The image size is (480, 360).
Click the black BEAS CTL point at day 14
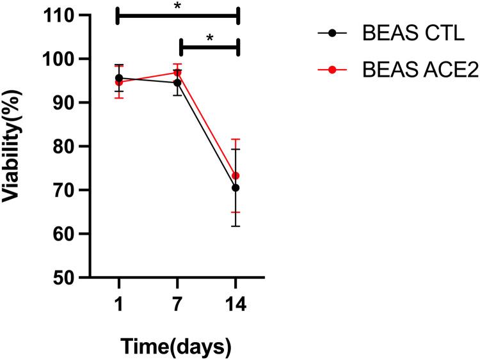[236, 187]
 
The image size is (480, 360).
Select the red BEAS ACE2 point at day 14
[236, 176]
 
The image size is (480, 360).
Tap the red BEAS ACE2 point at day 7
[177, 72]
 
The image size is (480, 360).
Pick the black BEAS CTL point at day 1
[119, 78]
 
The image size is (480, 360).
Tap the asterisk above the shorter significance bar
[209, 38]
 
